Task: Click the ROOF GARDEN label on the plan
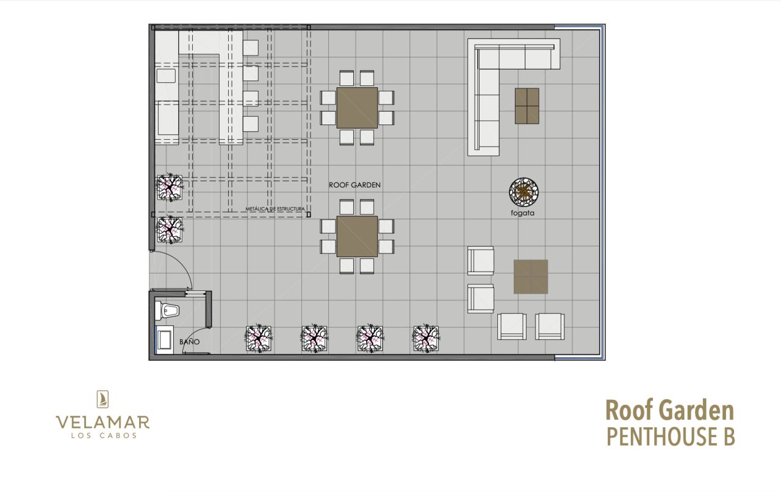[x=355, y=185]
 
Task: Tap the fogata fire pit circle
[x=524, y=192]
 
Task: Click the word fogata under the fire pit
[x=522, y=213]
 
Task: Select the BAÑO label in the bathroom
[x=190, y=342]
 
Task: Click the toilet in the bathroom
[x=167, y=310]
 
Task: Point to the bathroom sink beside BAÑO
[x=164, y=339]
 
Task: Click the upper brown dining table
[x=357, y=108]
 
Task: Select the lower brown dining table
[x=357, y=237]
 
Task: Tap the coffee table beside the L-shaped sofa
[x=527, y=106]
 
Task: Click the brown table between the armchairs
[x=531, y=277]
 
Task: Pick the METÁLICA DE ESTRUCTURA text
[x=275, y=209]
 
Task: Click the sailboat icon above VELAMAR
[x=103, y=399]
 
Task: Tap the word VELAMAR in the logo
[x=103, y=422]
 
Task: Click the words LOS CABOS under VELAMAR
[x=104, y=435]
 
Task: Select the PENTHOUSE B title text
[x=671, y=436]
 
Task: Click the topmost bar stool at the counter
[x=251, y=48]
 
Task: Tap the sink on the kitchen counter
[x=166, y=76]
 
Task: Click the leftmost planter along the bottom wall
[x=258, y=338]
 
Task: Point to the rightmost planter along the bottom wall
[x=426, y=338]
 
